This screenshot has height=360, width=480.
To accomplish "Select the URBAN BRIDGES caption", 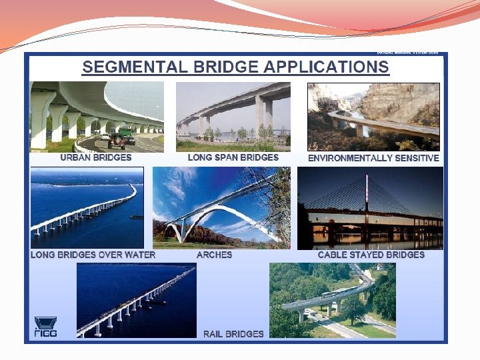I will [x=96, y=158].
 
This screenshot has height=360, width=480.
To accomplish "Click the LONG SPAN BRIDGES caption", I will [x=233, y=158].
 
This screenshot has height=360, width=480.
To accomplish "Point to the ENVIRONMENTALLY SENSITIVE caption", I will [x=373, y=159].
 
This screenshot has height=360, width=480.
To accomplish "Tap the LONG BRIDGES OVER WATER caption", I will [x=93, y=255].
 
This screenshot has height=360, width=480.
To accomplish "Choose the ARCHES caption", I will [x=215, y=255].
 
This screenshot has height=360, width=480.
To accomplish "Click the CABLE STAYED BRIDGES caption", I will [x=371, y=255].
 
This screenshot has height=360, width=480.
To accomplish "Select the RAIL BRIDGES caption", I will [x=233, y=333].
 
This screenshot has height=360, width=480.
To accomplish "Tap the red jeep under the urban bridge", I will [x=117, y=140].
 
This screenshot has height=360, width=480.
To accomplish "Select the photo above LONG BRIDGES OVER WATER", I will [x=87, y=207].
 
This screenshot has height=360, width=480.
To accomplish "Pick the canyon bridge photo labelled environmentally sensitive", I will [x=373, y=117].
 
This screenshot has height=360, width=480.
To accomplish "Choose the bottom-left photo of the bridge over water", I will [x=136, y=299].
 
